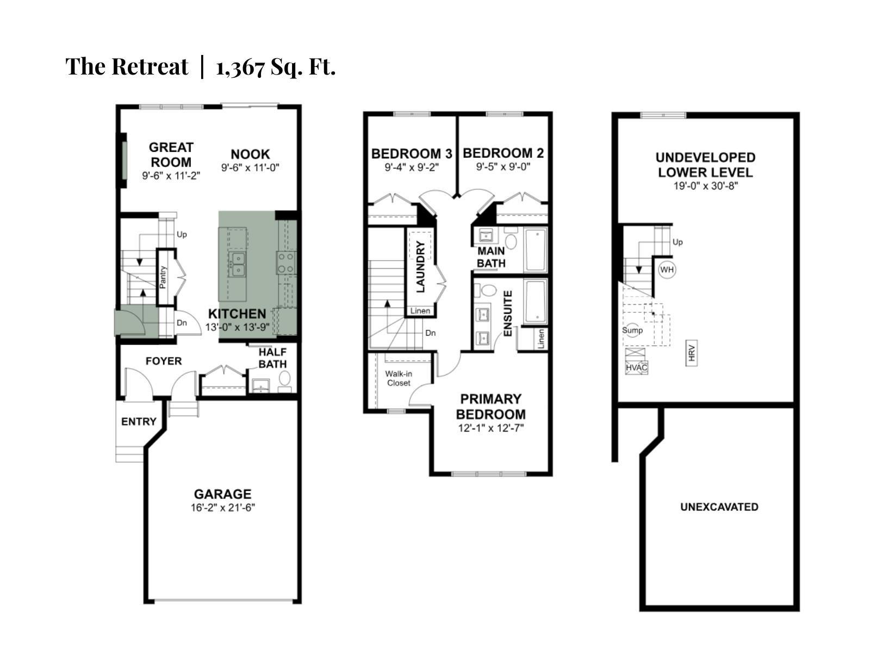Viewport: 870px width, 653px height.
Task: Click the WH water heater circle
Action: tap(667, 270)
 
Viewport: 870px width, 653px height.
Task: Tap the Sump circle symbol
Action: tap(632, 330)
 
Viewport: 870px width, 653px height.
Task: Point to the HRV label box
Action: tap(692, 353)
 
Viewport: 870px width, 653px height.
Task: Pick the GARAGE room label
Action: tap(222, 494)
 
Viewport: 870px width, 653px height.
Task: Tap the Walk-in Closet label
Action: tap(398, 378)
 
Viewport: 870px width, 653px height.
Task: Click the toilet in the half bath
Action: tap(284, 379)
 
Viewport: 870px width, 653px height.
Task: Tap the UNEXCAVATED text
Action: tap(719, 507)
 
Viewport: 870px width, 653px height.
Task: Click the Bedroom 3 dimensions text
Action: tap(412, 168)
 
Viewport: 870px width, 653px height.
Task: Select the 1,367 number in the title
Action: tap(240, 67)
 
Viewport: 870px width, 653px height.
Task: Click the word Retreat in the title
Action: tap(150, 66)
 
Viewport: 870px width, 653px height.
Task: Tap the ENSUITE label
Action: tap(508, 313)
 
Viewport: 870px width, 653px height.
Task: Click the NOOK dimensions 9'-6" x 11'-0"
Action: tap(250, 168)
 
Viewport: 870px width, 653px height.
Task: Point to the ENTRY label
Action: tap(139, 422)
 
